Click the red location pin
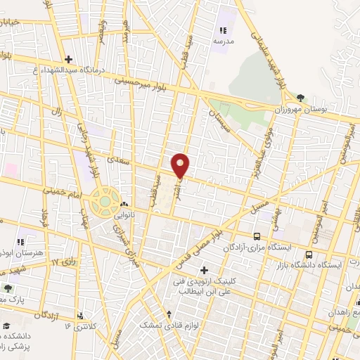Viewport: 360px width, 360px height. (x=181, y=165)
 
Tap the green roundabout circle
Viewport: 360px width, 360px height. (x=105, y=202)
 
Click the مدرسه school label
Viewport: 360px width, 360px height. (x=223, y=41)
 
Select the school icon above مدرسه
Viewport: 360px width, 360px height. (x=223, y=30)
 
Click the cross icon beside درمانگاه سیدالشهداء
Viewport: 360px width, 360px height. (x=67, y=59)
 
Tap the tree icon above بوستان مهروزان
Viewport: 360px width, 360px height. (x=301, y=97)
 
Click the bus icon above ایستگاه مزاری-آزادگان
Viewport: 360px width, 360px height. (x=257, y=237)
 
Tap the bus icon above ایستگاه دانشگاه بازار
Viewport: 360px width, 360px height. (x=309, y=254)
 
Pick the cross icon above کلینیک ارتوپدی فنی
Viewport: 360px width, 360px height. (x=204, y=269)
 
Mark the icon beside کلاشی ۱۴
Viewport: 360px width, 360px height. (x=82, y=315)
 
